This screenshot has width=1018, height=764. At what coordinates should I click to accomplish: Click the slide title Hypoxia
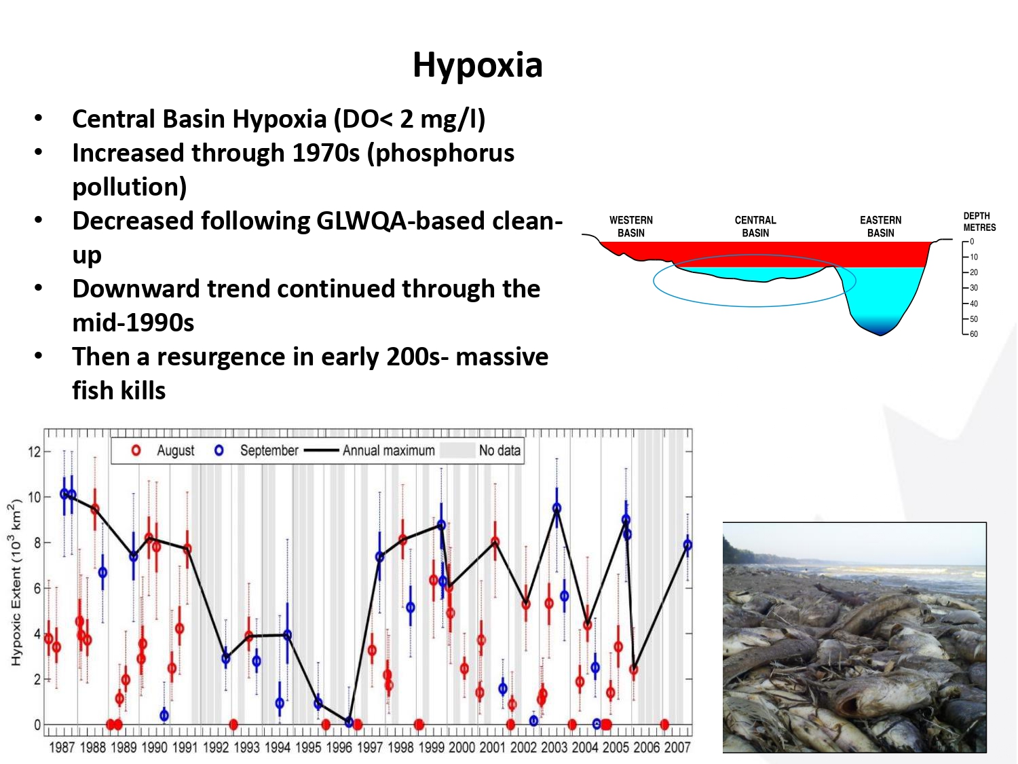point(477,66)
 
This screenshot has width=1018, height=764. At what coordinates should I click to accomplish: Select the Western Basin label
point(630,226)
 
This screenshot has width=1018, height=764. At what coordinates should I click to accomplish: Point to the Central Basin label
point(755,226)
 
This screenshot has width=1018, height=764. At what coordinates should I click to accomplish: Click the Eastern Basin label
point(880,226)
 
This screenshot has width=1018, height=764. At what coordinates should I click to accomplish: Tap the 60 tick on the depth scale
point(973,334)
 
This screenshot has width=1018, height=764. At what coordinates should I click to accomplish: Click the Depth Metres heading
point(979,221)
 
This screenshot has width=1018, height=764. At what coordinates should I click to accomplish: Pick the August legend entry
point(174,450)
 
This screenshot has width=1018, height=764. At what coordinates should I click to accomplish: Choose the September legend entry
point(268,450)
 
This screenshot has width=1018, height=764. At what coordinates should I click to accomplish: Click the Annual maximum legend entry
point(388,450)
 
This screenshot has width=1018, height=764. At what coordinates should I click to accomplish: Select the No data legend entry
point(499,450)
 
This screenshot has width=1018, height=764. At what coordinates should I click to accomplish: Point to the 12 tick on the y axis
point(34,452)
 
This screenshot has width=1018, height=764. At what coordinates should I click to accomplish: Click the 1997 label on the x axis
point(369,748)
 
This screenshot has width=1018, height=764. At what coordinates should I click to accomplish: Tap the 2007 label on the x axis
point(677,748)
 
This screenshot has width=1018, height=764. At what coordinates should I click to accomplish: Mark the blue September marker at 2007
point(687,545)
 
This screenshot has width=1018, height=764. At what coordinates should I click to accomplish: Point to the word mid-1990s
point(133,323)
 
